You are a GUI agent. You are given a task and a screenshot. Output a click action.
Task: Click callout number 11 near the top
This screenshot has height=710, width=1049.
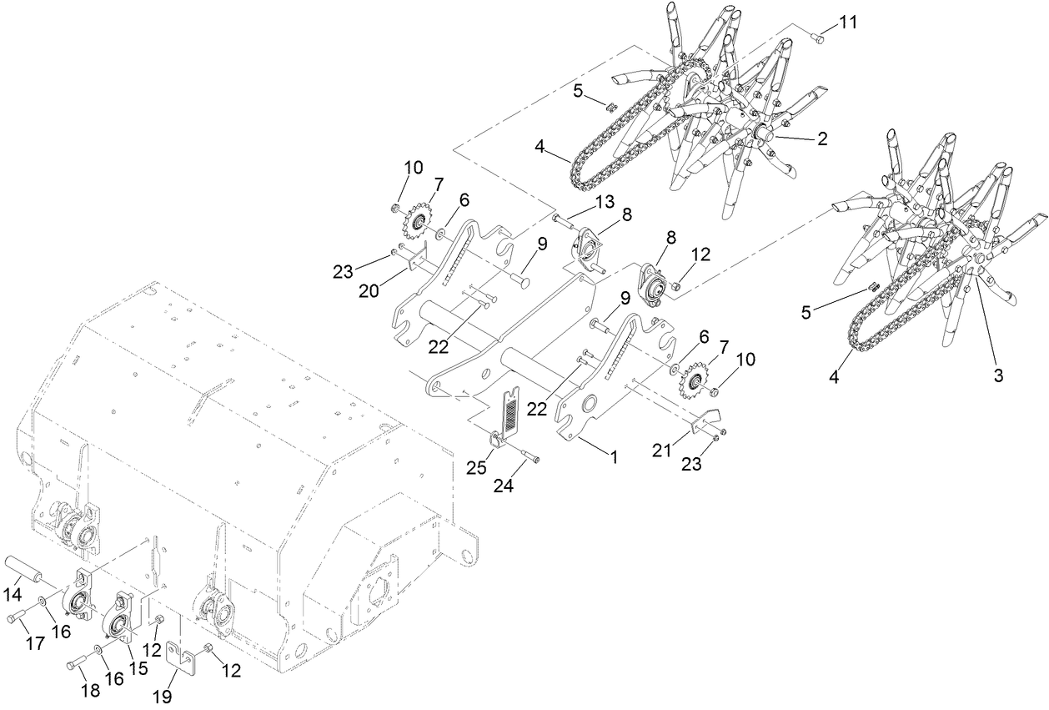[847, 23]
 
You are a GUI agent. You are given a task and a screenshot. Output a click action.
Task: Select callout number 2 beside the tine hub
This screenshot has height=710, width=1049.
[822, 140]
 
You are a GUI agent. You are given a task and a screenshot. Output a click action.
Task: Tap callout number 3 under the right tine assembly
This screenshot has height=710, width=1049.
[998, 375]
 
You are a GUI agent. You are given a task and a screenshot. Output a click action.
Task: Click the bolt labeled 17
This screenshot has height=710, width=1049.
[20, 617]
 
